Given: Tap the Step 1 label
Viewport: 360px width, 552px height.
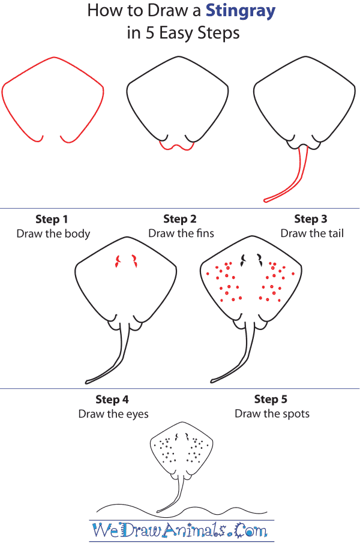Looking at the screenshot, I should click(x=53, y=219).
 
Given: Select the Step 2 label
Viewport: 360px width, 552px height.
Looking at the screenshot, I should click(x=180, y=219).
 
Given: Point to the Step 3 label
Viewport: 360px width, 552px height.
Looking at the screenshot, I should click(x=311, y=219).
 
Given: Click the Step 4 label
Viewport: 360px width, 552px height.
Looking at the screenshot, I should click(x=112, y=400).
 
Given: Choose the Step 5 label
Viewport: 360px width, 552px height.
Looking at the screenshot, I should click(x=271, y=400).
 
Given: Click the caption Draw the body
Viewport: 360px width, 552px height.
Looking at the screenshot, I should click(x=53, y=233).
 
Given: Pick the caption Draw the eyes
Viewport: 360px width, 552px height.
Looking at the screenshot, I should click(x=113, y=414).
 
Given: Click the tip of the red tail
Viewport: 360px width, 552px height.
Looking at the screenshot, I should click(x=266, y=200).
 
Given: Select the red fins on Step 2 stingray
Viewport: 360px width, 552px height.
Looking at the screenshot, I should click(x=176, y=146).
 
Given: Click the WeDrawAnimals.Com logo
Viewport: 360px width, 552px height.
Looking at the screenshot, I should click(x=180, y=530).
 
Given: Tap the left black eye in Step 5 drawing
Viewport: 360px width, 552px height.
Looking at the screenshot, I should click(x=244, y=260).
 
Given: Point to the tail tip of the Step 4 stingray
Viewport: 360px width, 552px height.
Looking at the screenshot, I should click(x=88, y=381).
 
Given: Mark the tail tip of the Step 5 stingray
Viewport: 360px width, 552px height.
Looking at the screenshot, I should click(x=214, y=381).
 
